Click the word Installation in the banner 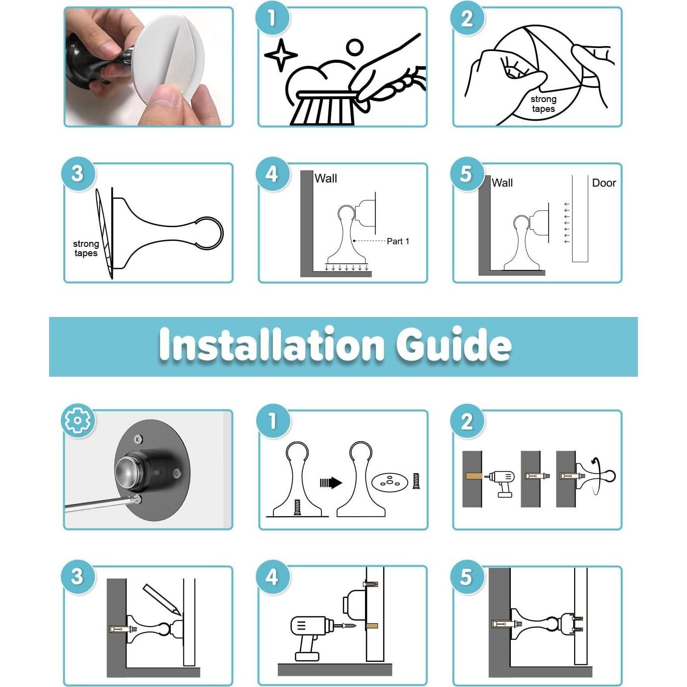tap(271, 344)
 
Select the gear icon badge tap(78, 421)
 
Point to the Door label tap(604, 183)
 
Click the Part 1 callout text tap(398, 241)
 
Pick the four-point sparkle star tap(281, 55)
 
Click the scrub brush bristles tap(323, 110)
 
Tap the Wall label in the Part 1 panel tap(325, 178)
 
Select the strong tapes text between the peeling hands tap(543, 104)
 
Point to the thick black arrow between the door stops tap(330, 483)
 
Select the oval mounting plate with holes tap(389, 482)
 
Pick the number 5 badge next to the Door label tap(466, 174)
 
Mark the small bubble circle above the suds tap(354, 47)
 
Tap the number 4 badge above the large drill tap(272, 577)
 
